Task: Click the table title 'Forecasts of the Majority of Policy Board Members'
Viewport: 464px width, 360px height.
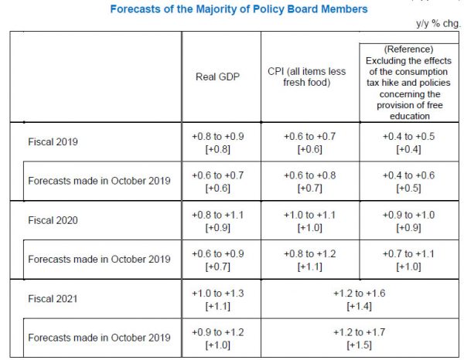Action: pos(238,9)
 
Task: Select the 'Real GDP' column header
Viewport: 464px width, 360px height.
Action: pos(218,77)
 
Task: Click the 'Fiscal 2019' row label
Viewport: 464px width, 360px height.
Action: pos(52,142)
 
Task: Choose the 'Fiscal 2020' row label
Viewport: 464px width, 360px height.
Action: pos(52,220)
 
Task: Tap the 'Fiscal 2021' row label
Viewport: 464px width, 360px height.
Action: pos(52,298)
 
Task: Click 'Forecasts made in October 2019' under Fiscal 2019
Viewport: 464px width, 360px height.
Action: pos(98,181)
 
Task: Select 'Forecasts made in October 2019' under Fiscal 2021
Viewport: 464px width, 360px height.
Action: pos(98,338)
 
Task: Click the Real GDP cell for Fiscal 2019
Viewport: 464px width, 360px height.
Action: pos(218,142)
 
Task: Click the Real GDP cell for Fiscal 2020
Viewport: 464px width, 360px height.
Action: pos(218,220)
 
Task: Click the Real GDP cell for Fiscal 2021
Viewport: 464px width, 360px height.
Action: pos(218,298)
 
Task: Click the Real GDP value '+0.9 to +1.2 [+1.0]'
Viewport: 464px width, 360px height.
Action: pos(218,338)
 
